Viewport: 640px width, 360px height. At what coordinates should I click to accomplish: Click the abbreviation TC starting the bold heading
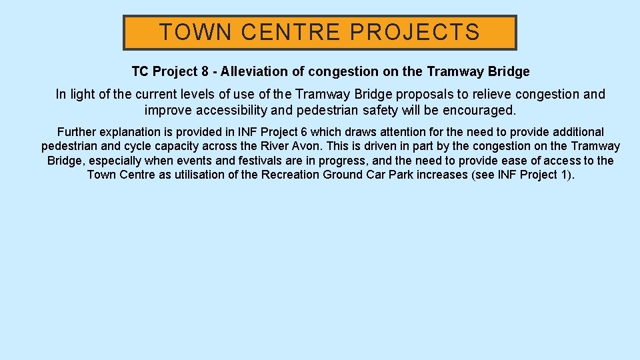tap(140, 71)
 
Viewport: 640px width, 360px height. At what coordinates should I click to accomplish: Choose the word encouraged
tap(479, 110)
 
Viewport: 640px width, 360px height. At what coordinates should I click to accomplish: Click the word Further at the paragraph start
tap(77, 132)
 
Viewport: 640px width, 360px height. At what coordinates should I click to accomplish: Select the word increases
tap(442, 175)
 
